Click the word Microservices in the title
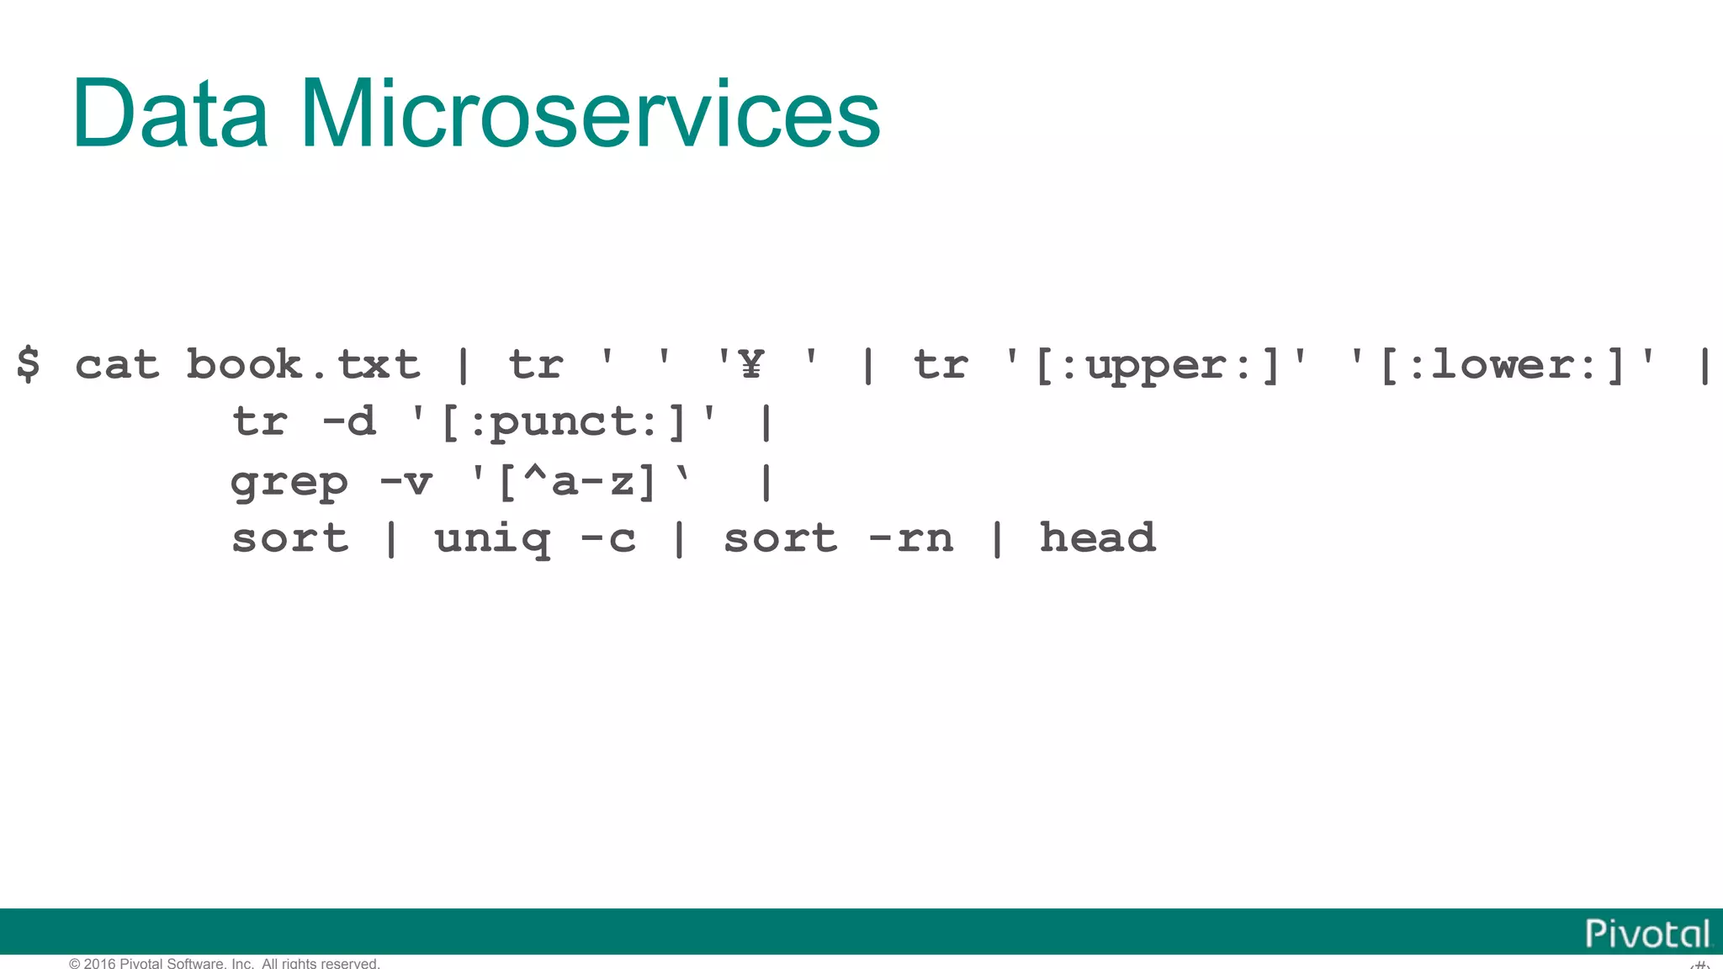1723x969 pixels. pyautogui.click(x=589, y=114)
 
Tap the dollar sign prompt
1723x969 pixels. pyautogui.click(x=28, y=364)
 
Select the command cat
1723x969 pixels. pyautogui.click(x=117, y=365)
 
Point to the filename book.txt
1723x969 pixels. pyautogui.click(x=303, y=365)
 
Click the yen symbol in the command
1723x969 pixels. pyautogui.click(x=750, y=364)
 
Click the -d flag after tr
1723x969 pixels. pyautogui.click(x=349, y=421)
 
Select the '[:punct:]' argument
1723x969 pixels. pyautogui.click(x=563, y=421)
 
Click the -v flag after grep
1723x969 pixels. pyautogui.click(x=406, y=482)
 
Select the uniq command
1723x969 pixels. pyautogui.click(x=492, y=539)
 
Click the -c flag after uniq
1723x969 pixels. pyautogui.click(x=608, y=539)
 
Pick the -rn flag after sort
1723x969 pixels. pyautogui.click(x=911, y=539)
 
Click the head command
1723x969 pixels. pyautogui.click(x=1098, y=537)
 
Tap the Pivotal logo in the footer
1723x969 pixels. pyautogui.click(x=1647, y=934)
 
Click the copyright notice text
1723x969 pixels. pyautogui.click(x=225, y=963)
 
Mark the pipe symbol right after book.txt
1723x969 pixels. pyautogui.click(x=463, y=365)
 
